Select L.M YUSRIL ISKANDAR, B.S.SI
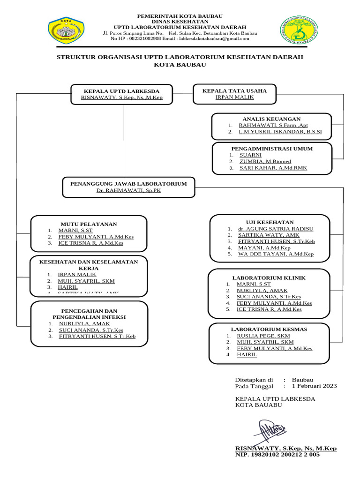tap(280, 132)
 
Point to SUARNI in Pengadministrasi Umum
tap(250, 155)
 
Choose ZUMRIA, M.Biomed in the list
tap(265, 161)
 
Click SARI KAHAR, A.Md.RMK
tap(273, 168)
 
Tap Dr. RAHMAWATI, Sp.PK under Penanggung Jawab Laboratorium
tap(128, 191)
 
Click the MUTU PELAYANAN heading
tap(89, 224)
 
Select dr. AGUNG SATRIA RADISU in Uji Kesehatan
tap(276, 229)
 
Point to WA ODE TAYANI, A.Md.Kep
tap(276, 254)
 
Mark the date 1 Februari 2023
tap(314, 386)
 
